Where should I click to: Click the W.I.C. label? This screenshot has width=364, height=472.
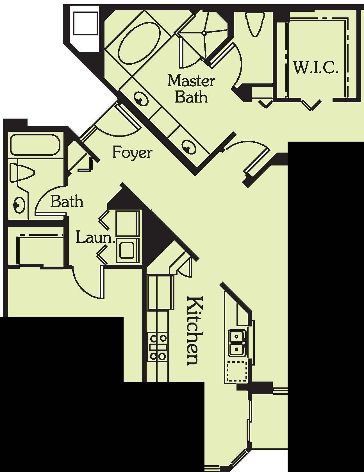316,68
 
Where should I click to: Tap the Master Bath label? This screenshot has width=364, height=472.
191,89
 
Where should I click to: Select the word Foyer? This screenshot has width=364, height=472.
132,153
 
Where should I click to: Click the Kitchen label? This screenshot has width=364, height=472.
194,330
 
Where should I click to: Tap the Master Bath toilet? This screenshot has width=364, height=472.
254,24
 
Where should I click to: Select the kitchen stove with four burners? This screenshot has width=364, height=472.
158,347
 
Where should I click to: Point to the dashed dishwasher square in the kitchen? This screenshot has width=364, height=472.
237,371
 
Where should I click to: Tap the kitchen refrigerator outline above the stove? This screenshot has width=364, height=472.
159,292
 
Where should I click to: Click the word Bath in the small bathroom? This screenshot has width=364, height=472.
67,202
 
